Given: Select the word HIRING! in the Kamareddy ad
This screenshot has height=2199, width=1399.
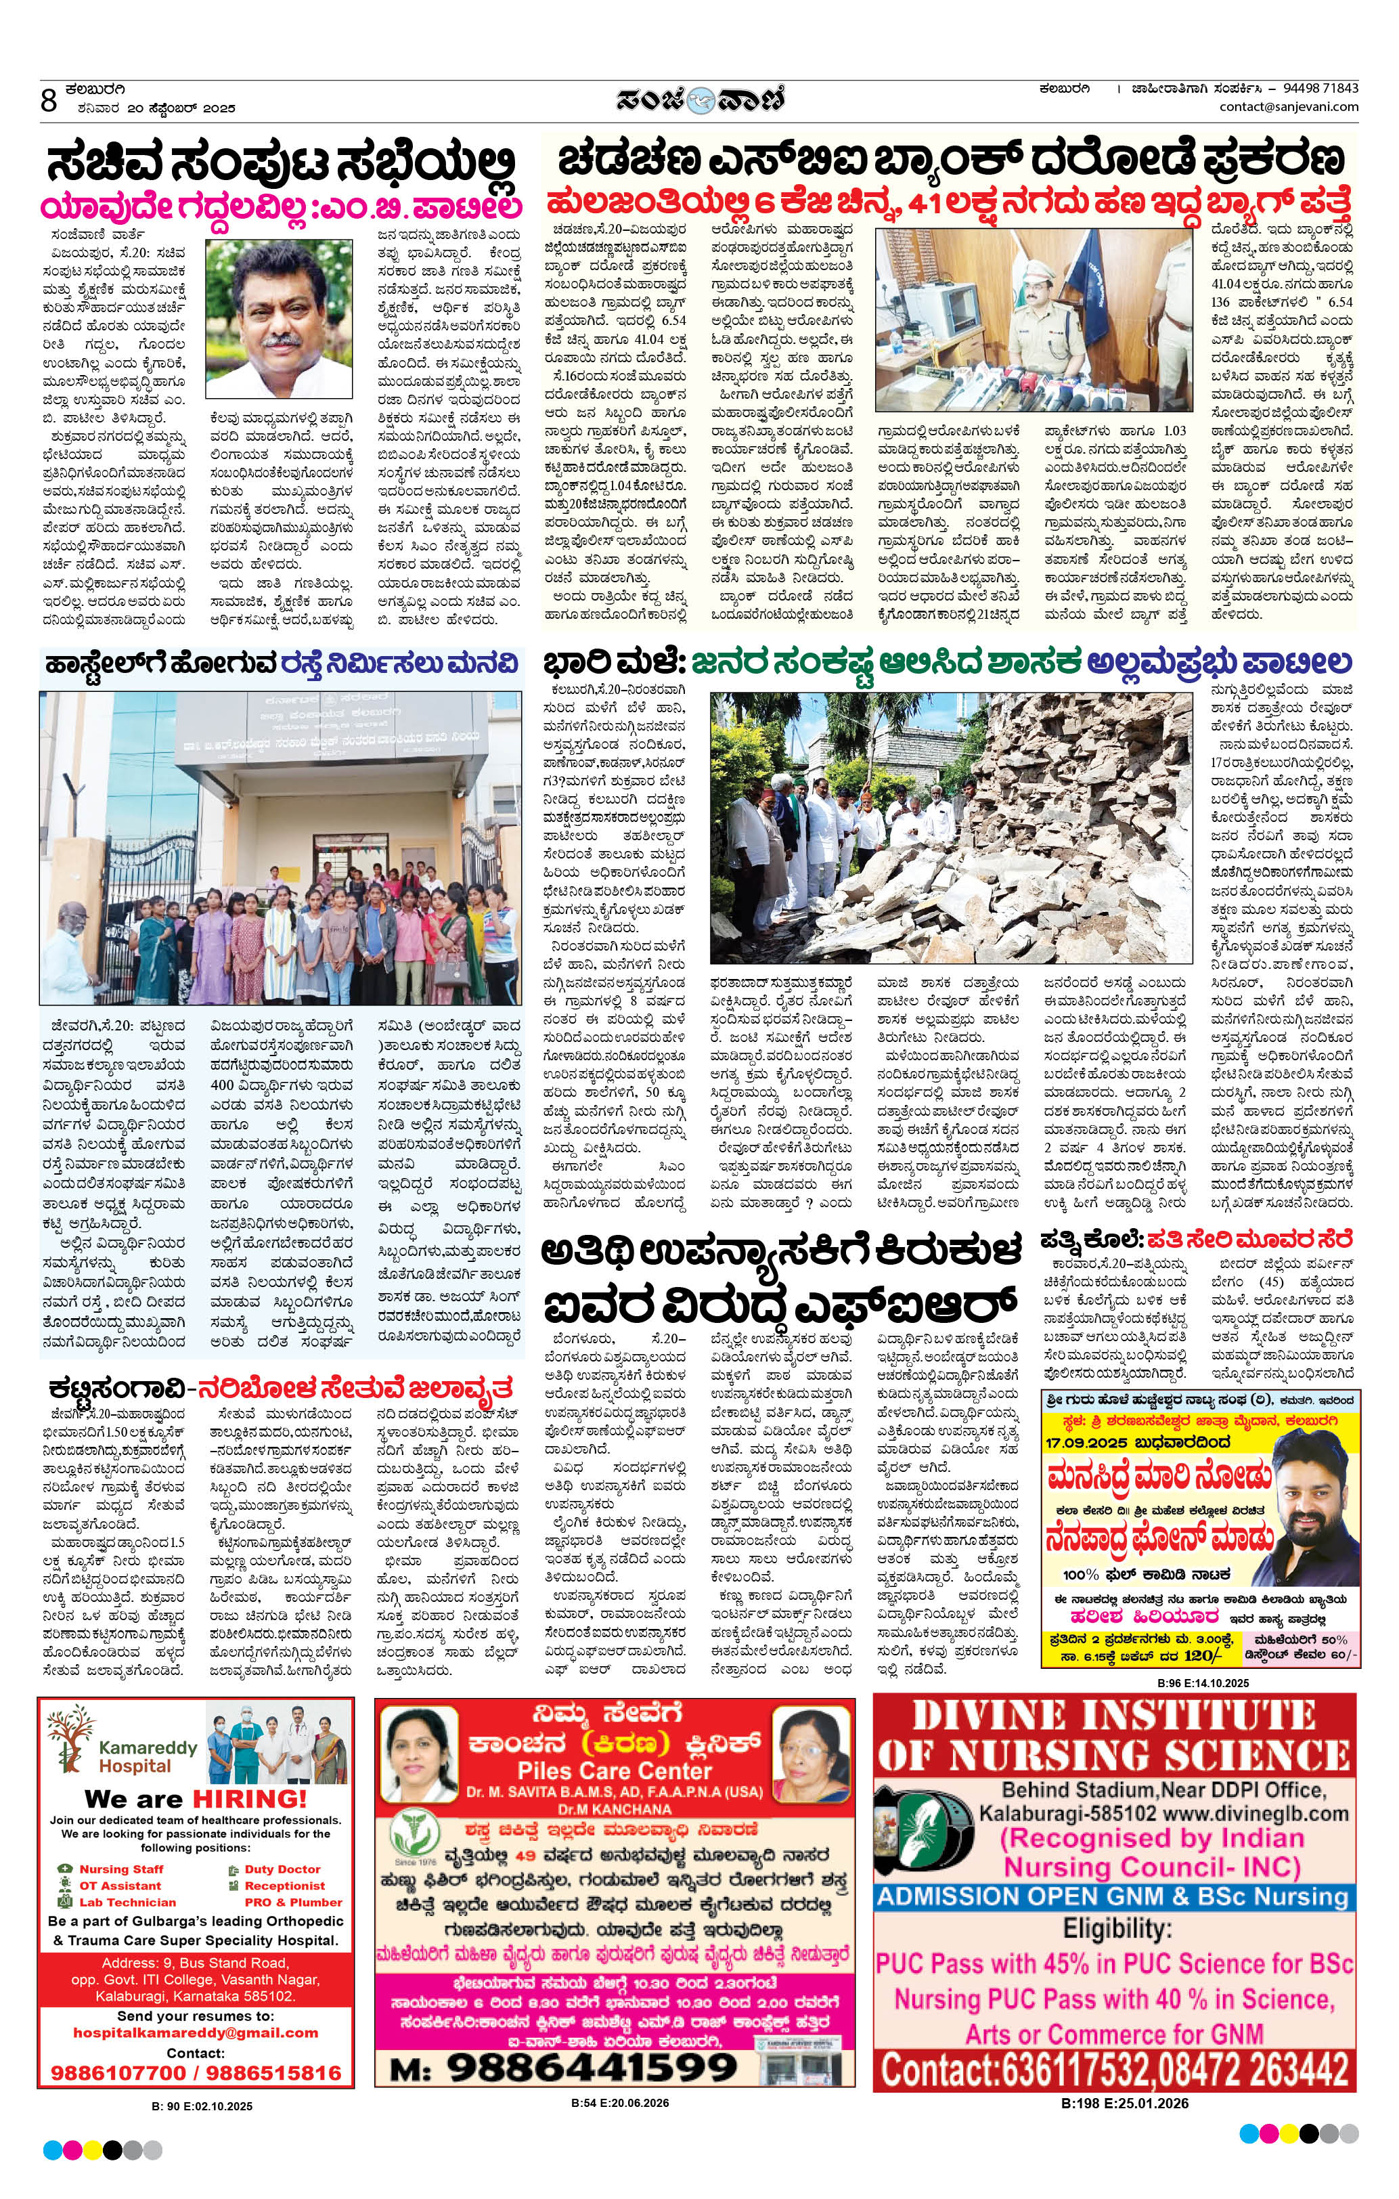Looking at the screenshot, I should [249, 1798].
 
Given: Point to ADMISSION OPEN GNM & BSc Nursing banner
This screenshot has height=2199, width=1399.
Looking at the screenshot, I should [1113, 1897].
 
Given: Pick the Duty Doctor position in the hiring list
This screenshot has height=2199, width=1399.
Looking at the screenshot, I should [282, 1869].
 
